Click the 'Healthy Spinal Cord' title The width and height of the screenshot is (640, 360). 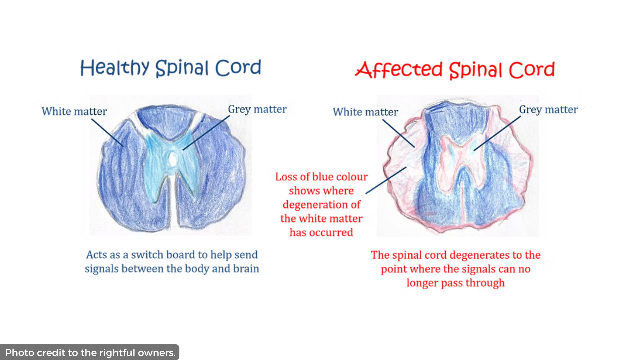170,68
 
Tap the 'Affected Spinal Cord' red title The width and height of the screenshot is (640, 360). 455,70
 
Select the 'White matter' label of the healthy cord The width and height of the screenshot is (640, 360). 74,111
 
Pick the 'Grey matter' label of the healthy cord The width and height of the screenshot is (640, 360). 257,109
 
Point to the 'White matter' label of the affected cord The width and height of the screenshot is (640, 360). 365,112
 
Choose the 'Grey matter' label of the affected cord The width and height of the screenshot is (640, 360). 548,110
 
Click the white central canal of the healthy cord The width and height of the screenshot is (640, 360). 173,159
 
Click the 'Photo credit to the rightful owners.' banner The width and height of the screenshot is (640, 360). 90,352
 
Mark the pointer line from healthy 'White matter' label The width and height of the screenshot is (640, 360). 107,133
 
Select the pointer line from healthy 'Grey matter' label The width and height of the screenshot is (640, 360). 206,133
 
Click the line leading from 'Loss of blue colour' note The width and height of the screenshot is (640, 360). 386,180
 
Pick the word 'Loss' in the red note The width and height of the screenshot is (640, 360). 286,177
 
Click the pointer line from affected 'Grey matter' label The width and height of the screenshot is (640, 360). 497,133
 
